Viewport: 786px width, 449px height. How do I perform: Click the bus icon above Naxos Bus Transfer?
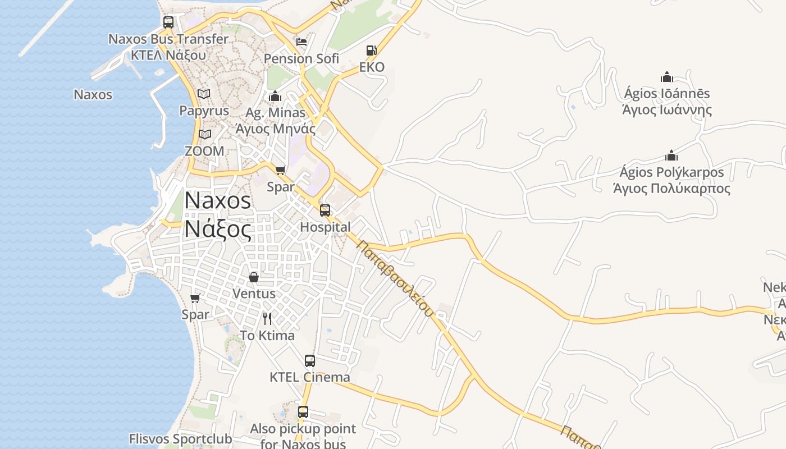tap(168, 22)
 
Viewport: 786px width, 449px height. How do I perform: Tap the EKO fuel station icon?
tap(371, 51)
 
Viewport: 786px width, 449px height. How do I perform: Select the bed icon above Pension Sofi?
tap(301, 42)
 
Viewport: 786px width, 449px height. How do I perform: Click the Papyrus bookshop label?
tap(204, 111)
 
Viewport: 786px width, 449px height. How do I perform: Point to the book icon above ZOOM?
tap(204, 135)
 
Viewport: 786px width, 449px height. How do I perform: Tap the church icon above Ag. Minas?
tap(275, 96)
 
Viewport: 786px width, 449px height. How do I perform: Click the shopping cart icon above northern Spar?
tap(280, 170)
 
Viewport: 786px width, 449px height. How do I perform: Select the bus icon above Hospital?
tap(325, 210)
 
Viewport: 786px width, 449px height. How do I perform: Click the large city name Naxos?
tap(218, 200)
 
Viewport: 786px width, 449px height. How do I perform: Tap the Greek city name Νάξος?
tap(218, 230)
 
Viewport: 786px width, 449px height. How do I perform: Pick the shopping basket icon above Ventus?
tap(254, 277)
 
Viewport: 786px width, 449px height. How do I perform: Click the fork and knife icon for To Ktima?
tap(267, 319)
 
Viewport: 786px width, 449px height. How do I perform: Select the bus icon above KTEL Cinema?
tap(310, 361)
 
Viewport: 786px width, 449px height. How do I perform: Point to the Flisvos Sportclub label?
tap(180, 439)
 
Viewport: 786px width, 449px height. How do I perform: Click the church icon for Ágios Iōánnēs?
tap(667, 77)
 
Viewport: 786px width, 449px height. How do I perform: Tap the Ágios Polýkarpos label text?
tap(671, 172)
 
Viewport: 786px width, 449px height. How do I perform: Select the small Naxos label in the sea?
tap(93, 94)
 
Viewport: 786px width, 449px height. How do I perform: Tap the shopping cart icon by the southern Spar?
tap(195, 298)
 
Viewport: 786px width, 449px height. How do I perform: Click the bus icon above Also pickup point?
tap(303, 412)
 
